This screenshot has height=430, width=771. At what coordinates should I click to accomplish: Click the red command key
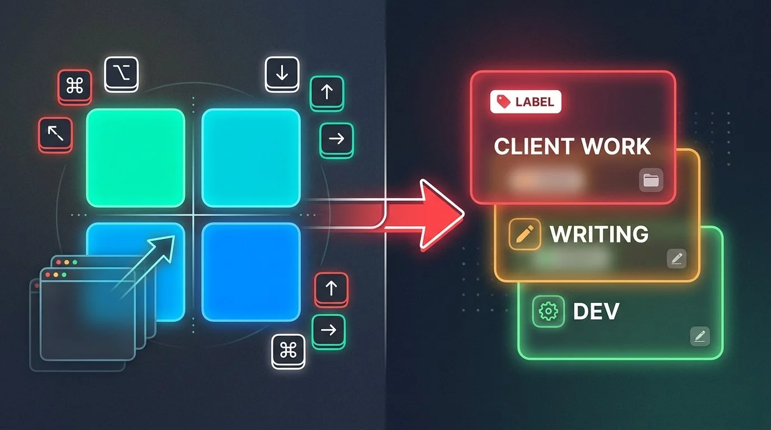pyautogui.click(x=75, y=86)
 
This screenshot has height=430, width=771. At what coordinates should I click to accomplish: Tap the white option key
pyautogui.click(x=121, y=73)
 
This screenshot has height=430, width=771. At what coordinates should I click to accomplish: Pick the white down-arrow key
pyautogui.click(x=282, y=73)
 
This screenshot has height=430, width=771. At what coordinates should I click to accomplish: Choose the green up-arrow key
pyautogui.click(x=327, y=92)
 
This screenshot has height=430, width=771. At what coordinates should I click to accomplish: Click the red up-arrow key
pyautogui.click(x=331, y=288)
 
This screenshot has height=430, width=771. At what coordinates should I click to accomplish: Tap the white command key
pyautogui.click(x=288, y=350)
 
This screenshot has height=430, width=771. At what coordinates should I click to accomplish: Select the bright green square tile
pyautogui.click(x=135, y=158)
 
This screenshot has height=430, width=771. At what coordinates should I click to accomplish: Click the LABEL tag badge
pyautogui.click(x=526, y=102)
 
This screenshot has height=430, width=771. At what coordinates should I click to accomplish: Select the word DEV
pyautogui.click(x=596, y=312)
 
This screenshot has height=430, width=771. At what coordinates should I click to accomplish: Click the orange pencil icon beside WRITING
pyautogui.click(x=524, y=234)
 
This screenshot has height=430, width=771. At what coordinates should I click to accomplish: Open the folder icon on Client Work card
pyautogui.click(x=651, y=180)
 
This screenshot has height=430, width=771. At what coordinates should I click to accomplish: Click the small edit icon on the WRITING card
pyautogui.click(x=676, y=258)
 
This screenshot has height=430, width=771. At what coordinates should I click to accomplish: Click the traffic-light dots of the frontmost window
pyautogui.click(x=55, y=275)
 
